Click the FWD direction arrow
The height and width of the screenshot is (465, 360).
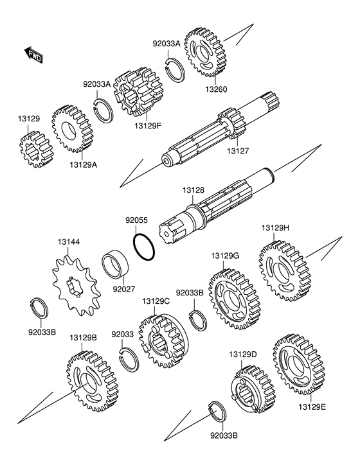point(33,55)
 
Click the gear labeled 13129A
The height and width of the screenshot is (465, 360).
point(73,129)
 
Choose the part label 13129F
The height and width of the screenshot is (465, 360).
point(147,126)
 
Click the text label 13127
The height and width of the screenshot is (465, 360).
point(238,151)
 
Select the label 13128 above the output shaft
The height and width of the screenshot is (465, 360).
point(194,190)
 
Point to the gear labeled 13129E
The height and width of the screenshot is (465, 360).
point(299,364)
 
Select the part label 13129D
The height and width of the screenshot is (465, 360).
point(243,355)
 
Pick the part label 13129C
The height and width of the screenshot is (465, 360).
point(156,301)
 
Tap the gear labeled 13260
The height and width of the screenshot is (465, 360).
point(205,52)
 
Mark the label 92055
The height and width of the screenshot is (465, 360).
point(136,220)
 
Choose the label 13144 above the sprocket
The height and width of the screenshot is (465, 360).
point(69,242)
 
